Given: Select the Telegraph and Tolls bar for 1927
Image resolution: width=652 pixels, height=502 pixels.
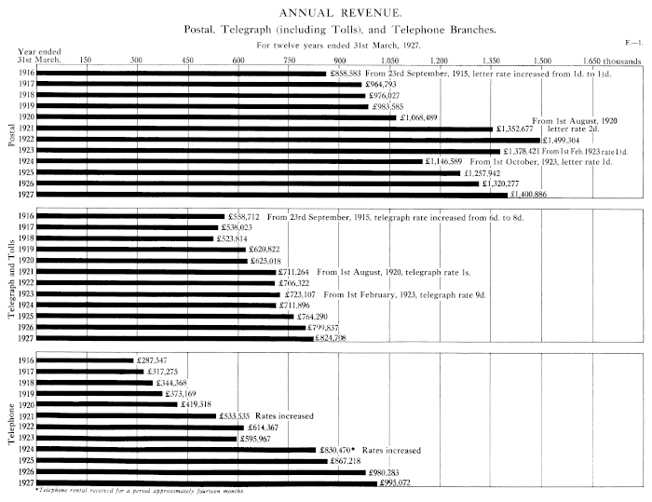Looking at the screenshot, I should (x=176, y=339).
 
